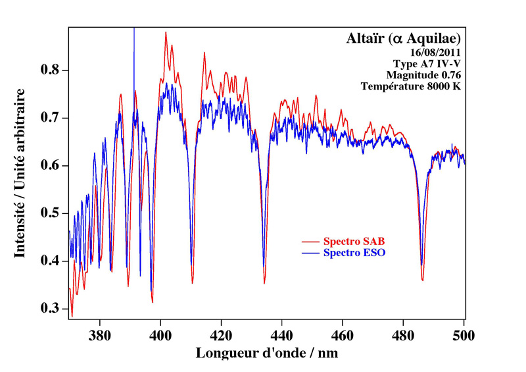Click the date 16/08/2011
pyautogui.click(x=433, y=51)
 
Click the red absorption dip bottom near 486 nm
pyautogui.click(x=423, y=280)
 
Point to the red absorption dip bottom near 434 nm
pyautogui.click(x=264, y=283)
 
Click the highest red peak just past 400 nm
pyautogui.click(x=166, y=32)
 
